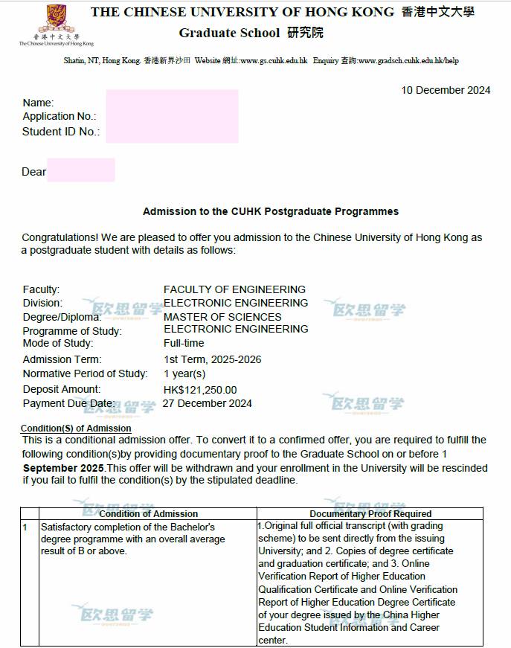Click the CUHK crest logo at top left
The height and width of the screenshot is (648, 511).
coord(56,18)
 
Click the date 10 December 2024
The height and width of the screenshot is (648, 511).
coord(446,90)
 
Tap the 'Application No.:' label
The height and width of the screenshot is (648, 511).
coord(60,117)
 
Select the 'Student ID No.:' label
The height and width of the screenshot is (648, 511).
coord(61,132)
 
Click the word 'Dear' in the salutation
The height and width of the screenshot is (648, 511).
coord(34,172)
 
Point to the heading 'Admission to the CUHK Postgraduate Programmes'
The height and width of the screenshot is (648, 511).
coord(271,212)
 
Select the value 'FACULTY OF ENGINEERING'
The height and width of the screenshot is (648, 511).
coord(234,289)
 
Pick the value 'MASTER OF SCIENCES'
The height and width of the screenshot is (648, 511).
coord(222,317)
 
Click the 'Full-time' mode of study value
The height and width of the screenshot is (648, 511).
coord(184,344)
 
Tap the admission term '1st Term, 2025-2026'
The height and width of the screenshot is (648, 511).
coord(213,359)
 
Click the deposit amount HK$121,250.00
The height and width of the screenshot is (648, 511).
coord(200,390)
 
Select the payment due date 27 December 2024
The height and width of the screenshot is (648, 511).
coord(208,403)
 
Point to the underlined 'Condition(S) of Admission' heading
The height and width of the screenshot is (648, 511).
coord(76,429)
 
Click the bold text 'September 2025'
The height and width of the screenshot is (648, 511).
coord(64,468)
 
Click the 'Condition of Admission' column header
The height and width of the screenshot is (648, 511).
coord(149,513)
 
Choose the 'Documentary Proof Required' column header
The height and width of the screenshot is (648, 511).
coord(370,513)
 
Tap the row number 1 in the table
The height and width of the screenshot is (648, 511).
coord(25,527)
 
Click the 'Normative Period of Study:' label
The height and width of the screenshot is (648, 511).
coord(86,373)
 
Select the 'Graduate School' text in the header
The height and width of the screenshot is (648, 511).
coord(229,33)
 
